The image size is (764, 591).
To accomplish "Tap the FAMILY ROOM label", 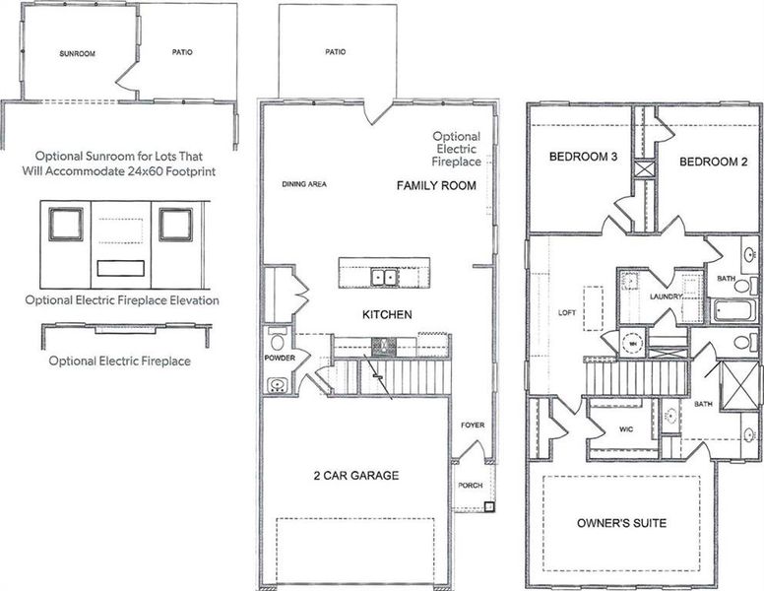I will pyautogui.click(x=436, y=185).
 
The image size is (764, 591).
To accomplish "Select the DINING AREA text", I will pyautogui.click(x=304, y=184).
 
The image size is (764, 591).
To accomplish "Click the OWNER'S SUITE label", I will pyautogui.click(x=622, y=522).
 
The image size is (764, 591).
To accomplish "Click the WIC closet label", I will pyautogui.click(x=626, y=429).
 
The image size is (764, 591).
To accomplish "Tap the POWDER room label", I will pyautogui.click(x=279, y=359).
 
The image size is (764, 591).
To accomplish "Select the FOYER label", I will pyautogui.click(x=473, y=426).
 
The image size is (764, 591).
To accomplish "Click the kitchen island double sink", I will pyautogui.click(x=383, y=277).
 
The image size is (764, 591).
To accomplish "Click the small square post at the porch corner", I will pyautogui.click(x=488, y=508).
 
